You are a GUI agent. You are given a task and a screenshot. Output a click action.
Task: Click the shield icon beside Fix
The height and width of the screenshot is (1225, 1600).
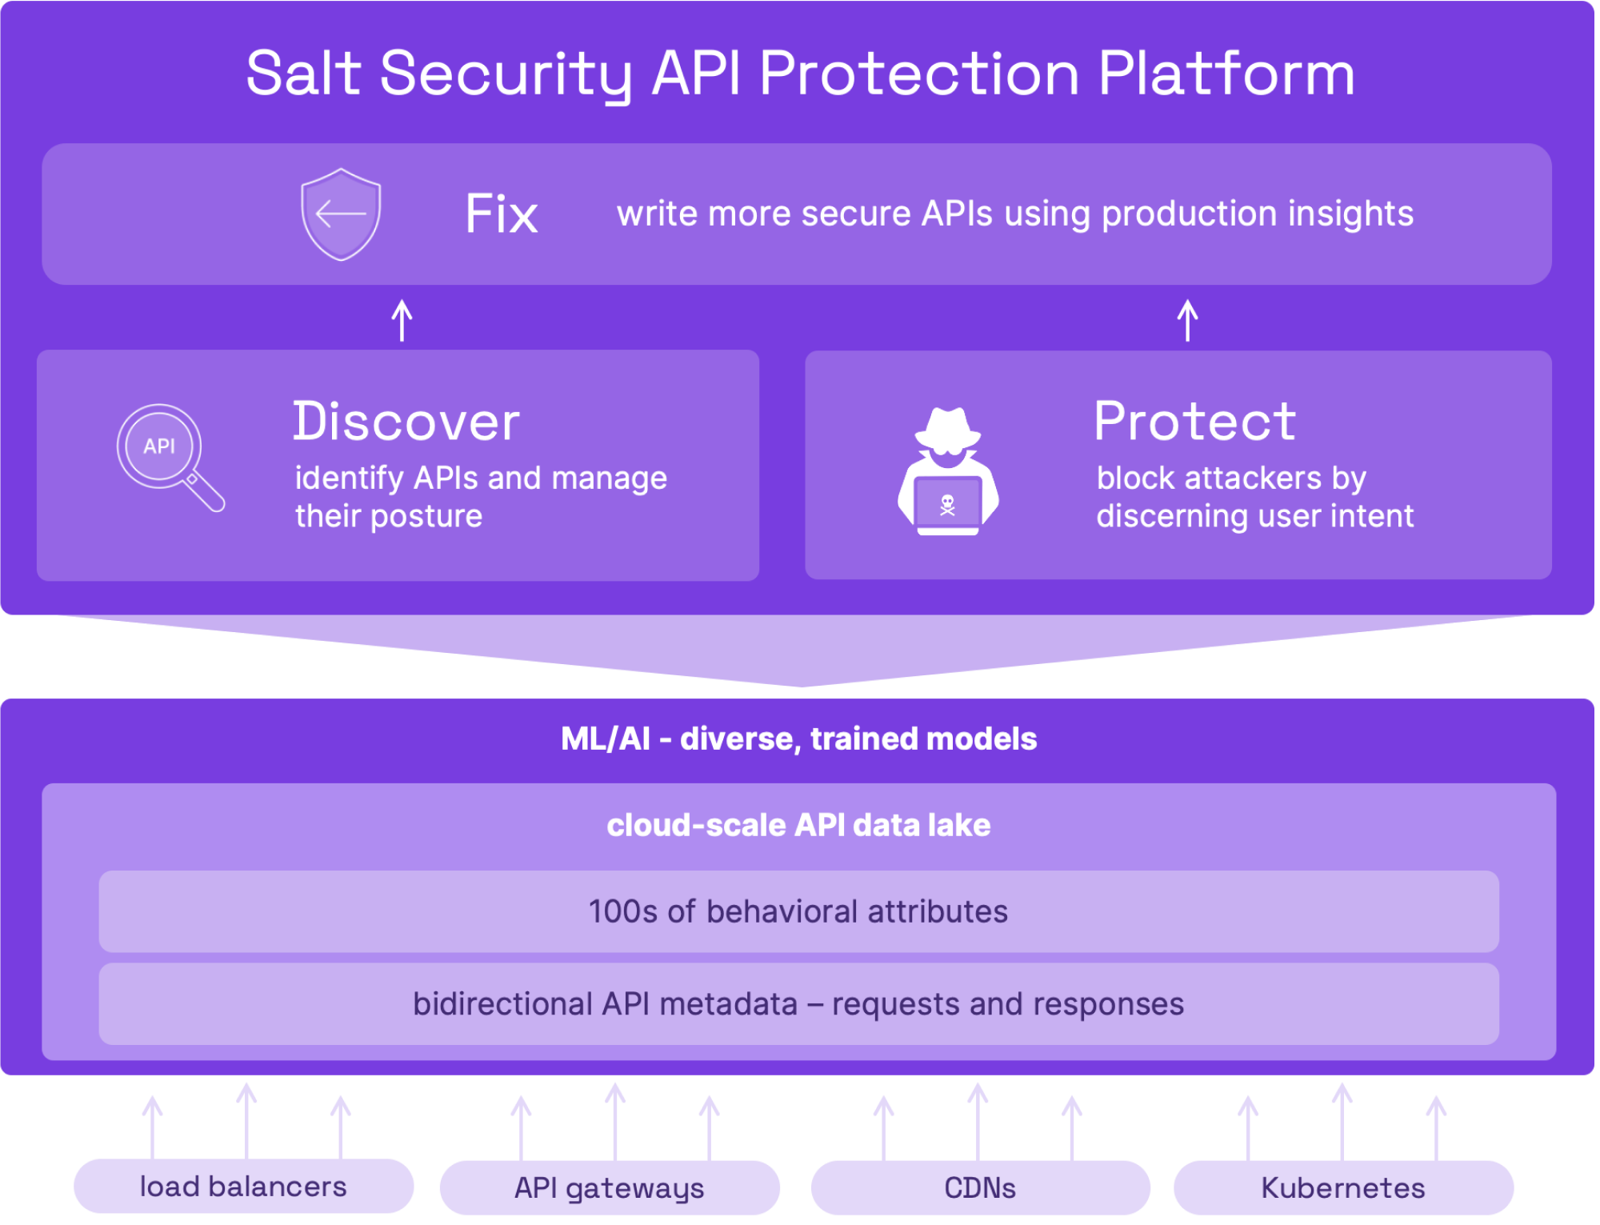[x=341, y=214]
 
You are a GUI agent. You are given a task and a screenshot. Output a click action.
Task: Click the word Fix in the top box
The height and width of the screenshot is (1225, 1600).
[x=502, y=214]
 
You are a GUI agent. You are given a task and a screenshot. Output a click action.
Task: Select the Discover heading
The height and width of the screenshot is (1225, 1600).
[x=406, y=422]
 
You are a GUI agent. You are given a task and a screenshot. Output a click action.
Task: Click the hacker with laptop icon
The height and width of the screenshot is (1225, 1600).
[x=948, y=472]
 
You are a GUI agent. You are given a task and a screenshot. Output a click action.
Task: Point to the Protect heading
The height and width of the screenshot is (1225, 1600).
[x=1194, y=422]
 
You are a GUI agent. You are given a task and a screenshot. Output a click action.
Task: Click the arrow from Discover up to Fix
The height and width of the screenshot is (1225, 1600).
[x=402, y=321]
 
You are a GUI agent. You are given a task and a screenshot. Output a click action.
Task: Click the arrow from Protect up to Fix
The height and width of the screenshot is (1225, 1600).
[x=1187, y=321]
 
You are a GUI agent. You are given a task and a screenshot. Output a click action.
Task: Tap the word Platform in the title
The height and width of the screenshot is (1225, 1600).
[x=1226, y=74]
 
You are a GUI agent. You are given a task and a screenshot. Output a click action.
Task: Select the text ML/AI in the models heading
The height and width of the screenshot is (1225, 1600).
[x=605, y=739]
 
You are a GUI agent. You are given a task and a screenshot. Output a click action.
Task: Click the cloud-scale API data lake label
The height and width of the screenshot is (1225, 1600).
[x=798, y=825]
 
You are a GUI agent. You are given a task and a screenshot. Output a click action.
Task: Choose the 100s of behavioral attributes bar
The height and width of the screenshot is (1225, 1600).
[x=798, y=911]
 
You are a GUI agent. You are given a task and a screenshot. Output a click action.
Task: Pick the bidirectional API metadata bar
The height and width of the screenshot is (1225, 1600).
[x=798, y=1004]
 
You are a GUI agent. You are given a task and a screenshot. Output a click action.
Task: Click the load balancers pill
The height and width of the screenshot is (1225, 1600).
[x=243, y=1187]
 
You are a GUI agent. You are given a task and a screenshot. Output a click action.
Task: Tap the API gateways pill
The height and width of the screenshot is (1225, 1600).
[x=610, y=1188]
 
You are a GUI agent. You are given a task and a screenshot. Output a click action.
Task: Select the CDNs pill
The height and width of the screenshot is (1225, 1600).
[x=980, y=1188]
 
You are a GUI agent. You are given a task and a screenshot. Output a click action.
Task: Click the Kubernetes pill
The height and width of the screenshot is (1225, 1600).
[x=1343, y=1188]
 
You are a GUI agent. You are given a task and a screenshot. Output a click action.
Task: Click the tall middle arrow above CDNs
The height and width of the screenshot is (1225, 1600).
[x=978, y=1120]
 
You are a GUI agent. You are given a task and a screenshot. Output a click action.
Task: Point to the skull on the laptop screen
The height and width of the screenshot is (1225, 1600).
[x=947, y=505]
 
